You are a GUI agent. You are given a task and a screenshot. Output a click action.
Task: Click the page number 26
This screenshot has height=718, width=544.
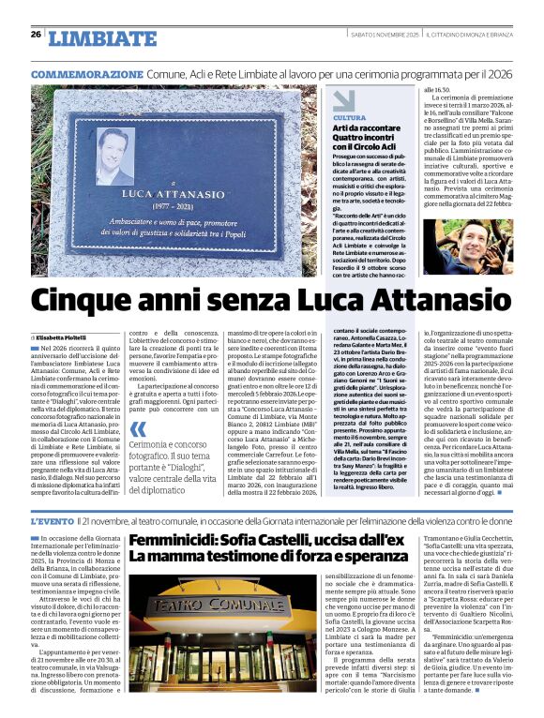coord(36,35)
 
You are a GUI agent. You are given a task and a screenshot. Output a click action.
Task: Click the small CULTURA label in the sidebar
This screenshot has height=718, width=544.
coord(349,117)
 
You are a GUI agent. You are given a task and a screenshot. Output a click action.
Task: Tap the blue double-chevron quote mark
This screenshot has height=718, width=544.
coord(139,429)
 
